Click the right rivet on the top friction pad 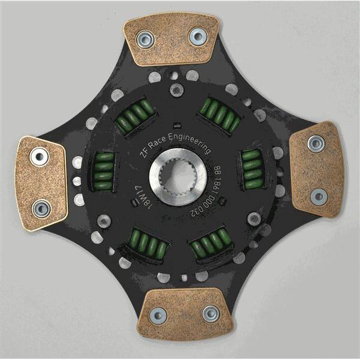click(196, 37)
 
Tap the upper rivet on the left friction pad click(40, 158)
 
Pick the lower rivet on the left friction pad click(40, 208)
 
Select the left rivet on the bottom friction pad click(159, 314)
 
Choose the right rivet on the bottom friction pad click(210, 313)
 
